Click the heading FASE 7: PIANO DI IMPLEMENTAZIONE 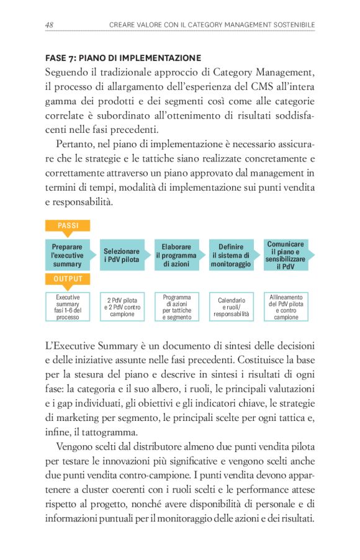coord(123,58)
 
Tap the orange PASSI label coord(68,225)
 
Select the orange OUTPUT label coord(68,279)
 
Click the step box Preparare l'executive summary coord(67,255)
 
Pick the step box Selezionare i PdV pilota coord(122,255)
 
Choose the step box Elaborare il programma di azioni coord(176,255)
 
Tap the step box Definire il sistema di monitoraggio coord(231,255)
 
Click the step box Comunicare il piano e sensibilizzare coord(286,255)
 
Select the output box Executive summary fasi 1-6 coord(68,307)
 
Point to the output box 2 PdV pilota coord(122,307)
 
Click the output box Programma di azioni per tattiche coord(177,307)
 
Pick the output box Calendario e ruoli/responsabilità coord(231,307)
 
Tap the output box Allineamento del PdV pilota coord(286,307)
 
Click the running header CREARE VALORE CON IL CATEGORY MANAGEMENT coord(212,25)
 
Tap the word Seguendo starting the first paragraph coord(67,71)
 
